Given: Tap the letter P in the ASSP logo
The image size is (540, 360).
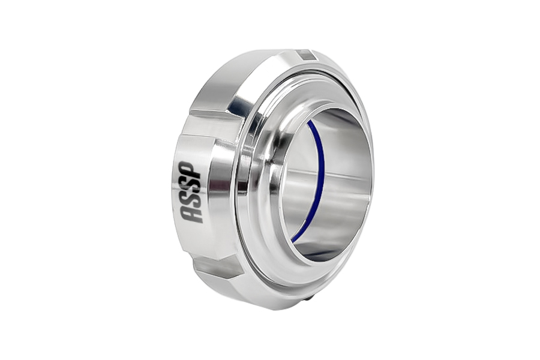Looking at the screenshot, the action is (x=191, y=169).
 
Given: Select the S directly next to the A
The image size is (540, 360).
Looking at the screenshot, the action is (x=192, y=199).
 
